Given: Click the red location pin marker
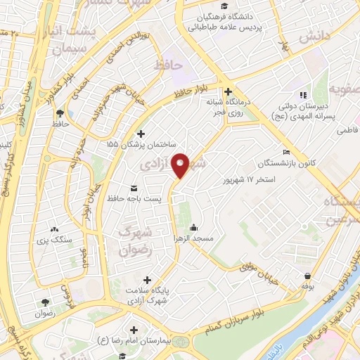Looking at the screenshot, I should [x=181, y=165].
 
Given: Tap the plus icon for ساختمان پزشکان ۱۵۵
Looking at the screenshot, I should [x=141, y=134].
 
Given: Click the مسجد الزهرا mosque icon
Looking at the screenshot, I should [x=193, y=228].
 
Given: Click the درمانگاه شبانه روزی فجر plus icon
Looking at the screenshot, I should [x=228, y=91].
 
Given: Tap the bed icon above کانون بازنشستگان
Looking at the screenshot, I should [x=285, y=152].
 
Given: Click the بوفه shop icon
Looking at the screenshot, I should [x=307, y=276].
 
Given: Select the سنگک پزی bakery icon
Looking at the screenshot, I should [x=55, y=229].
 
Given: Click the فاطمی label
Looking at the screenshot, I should [x=347, y=131].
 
